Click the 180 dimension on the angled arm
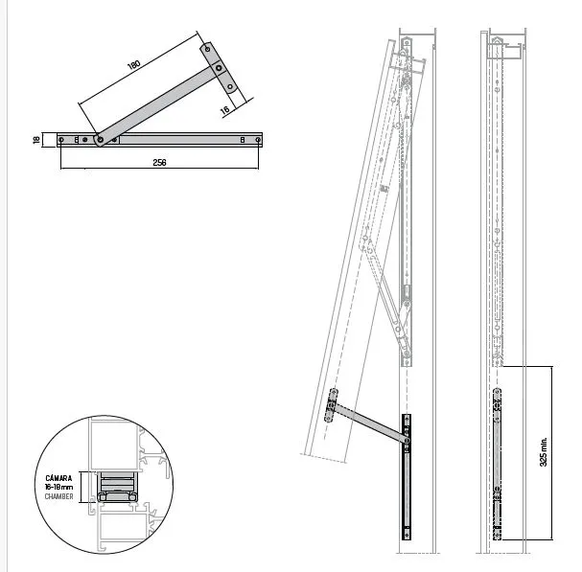(134, 64)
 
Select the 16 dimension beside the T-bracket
(225, 110)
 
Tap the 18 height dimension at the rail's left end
(36, 140)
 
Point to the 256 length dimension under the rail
(159, 163)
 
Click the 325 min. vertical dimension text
(543, 451)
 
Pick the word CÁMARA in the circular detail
(58, 478)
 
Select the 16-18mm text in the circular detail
(58, 487)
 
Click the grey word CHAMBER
(58, 496)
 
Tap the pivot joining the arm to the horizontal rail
(100, 140)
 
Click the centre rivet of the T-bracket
(219, 68)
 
